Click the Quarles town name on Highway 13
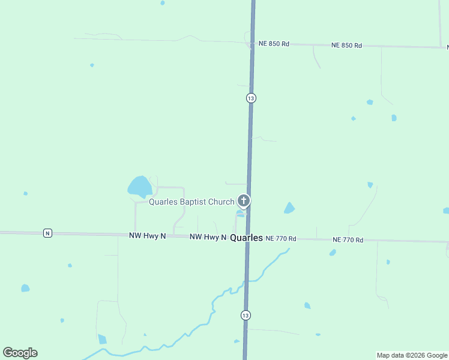(246, 238)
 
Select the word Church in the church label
(221, 202)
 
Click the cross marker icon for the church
(244, 200)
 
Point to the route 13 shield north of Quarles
(251, 98)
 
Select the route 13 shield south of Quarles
(246, 315)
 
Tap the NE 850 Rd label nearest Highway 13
(274, 44)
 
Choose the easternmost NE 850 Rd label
(347, 45)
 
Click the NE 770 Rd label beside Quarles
(280, 238)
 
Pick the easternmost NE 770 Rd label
(348, 240)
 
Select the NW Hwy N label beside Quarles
(208, 237)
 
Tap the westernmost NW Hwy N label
(147, 236)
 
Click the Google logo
(20, 353)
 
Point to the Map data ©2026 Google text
(412, 355)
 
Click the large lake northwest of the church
(139, 187)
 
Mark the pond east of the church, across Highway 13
(289, 208)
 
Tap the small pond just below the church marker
(240, 214)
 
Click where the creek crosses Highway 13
(246, 281)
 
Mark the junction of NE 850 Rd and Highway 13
(252, 43)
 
